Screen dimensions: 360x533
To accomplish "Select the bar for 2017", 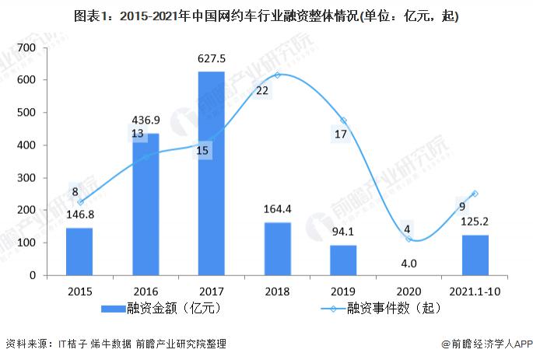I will pyautogui.click(x=211, y=173).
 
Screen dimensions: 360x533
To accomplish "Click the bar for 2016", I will pyautogui.click(x=145, y=204).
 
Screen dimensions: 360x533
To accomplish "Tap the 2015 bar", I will pyautogui.click(x=79, y=251).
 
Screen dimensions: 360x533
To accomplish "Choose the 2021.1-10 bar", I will pyautogui.click(x=475, y=255).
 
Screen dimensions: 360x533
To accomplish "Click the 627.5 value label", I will pyautogui.click(x=211, y=60).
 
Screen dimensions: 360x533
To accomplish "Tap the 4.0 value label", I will pyautogui.click(x=409, y=264).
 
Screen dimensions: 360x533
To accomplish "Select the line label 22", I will pyautogui.click(x=262, y=90).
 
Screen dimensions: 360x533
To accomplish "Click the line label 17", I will pyautogui.click(x=341, y=134).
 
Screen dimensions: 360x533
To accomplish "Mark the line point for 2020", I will pyautogui.click(x=409, y=239).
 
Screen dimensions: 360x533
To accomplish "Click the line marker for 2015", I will pyautogui.click(x=79, y=202).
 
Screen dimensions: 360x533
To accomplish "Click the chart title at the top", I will pyautogui.click(x=266, y=16).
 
